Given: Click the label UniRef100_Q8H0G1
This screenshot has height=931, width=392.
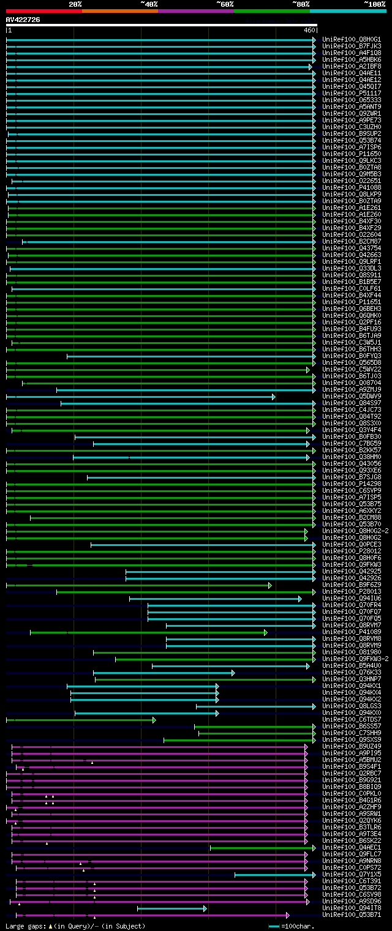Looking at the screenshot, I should pos(352,40).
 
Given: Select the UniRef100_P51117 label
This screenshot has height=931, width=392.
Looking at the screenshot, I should pos(352,94).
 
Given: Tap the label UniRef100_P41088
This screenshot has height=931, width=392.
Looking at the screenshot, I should pos(352,188).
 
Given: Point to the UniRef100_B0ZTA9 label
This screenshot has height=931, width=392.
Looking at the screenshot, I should pos(352,201).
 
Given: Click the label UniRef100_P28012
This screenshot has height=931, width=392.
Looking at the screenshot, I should pos(352,551).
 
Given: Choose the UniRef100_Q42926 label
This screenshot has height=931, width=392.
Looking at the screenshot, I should pos(352,578).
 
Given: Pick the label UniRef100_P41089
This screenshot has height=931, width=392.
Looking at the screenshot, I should pos(352,632).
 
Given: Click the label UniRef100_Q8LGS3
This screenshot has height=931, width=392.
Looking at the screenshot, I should pos(352,706).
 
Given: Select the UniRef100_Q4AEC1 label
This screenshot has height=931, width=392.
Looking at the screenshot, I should pos(352,848).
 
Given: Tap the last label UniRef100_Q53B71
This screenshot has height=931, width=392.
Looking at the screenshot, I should pos(352,915).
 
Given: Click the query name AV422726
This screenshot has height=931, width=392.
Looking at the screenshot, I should pos(23,20).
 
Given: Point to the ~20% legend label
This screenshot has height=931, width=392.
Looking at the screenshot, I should pos(75,4).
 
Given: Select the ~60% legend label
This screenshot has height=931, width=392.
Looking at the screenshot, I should pos(224,4).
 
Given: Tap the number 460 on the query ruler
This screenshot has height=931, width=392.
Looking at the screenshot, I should pos(309,30).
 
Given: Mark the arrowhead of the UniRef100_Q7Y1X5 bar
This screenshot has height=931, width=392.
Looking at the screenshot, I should pos(314,875).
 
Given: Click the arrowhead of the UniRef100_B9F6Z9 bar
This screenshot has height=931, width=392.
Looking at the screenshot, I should pos(270,585).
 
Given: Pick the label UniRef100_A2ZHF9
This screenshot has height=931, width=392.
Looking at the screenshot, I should pos(352,807).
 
